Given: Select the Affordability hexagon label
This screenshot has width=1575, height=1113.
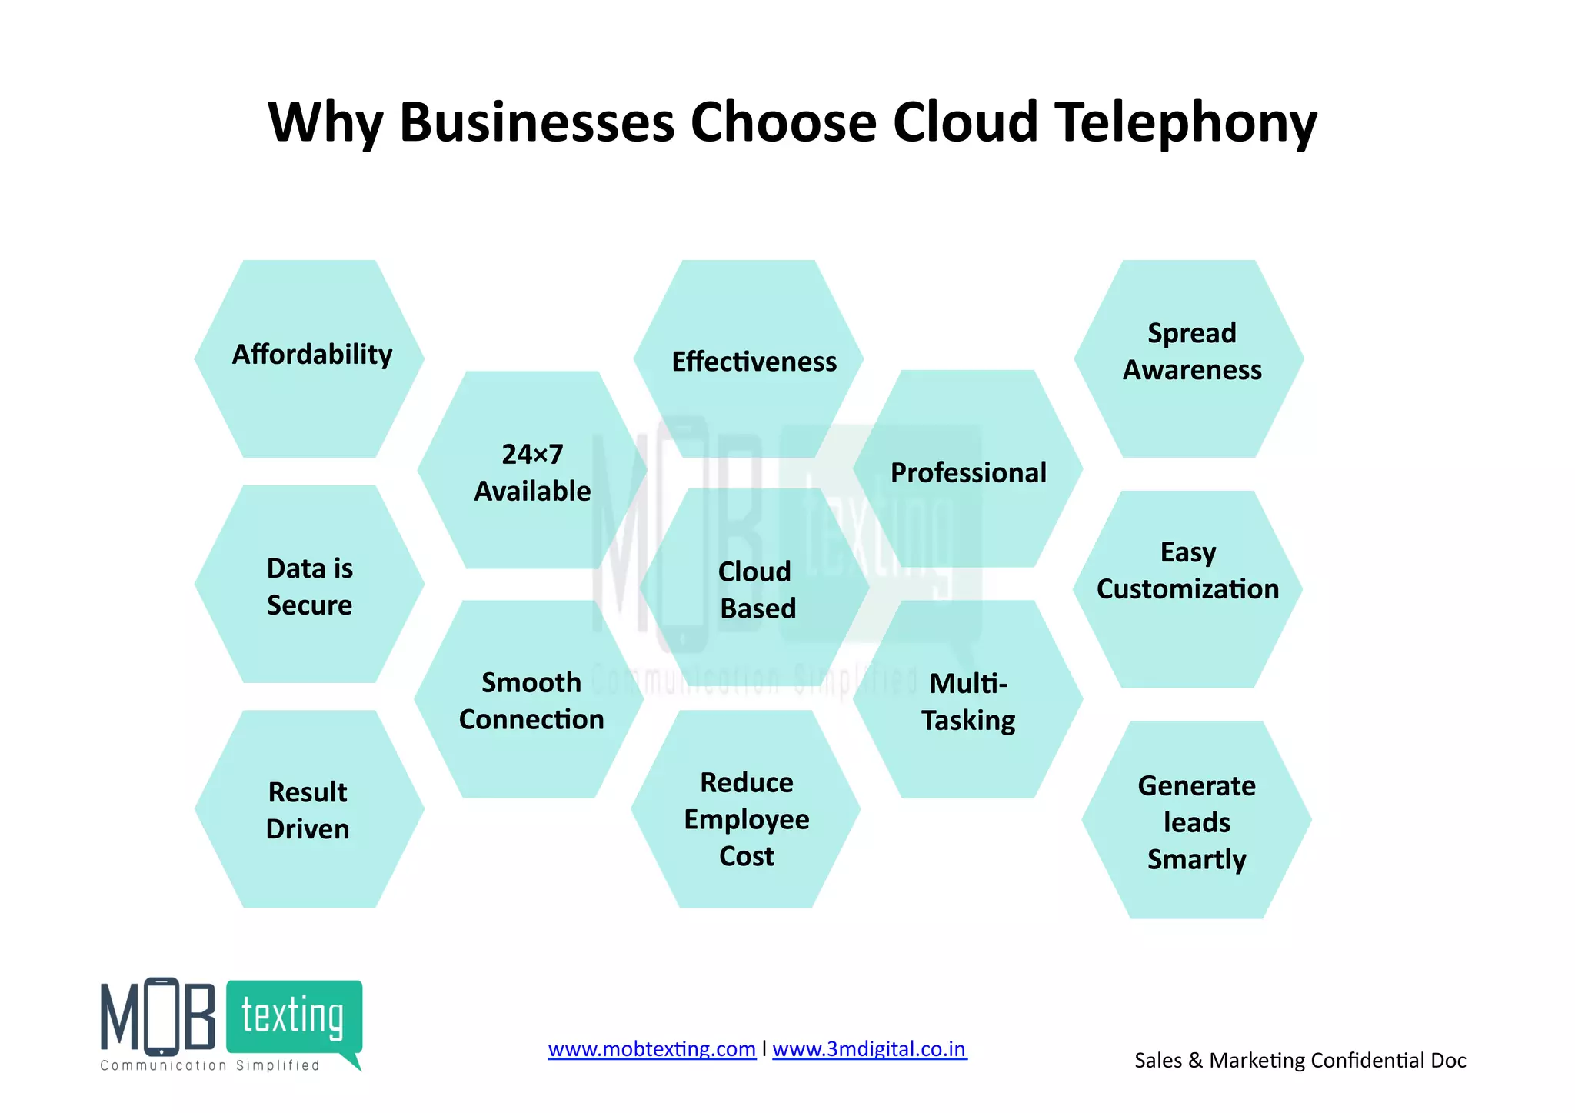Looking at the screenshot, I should point(312,355).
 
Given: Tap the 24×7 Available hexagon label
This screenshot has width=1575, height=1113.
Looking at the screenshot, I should point(532,472).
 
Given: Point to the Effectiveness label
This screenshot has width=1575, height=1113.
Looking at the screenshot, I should point(754,362).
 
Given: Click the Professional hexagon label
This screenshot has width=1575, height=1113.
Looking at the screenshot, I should point(968,472).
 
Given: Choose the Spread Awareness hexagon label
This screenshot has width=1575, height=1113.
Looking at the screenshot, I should point(1192,352).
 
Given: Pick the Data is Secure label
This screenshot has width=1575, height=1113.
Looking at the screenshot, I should point(309,587).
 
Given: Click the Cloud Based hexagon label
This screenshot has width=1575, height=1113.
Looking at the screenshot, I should point(757,590).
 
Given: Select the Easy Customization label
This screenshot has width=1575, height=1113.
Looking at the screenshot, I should point(1188,571).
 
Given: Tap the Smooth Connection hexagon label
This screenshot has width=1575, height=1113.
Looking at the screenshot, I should point(531,701).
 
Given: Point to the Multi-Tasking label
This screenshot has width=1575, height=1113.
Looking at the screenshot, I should point(968,701).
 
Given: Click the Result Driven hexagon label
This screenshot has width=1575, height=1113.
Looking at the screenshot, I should point(308,811).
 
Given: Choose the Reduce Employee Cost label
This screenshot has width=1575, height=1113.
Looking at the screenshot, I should point(747,819).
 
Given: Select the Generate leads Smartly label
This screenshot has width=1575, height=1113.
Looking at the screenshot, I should point(1197,822).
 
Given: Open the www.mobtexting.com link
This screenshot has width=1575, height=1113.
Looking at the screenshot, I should point(651,1049).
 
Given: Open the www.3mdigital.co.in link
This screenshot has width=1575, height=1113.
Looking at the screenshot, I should point(869,1049).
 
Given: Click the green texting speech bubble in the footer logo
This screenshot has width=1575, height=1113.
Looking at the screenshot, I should point(295,1017).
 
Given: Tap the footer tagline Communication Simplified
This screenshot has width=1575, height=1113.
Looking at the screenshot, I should point(210,1065).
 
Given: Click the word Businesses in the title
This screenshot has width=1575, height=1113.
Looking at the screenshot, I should point(538,123).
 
